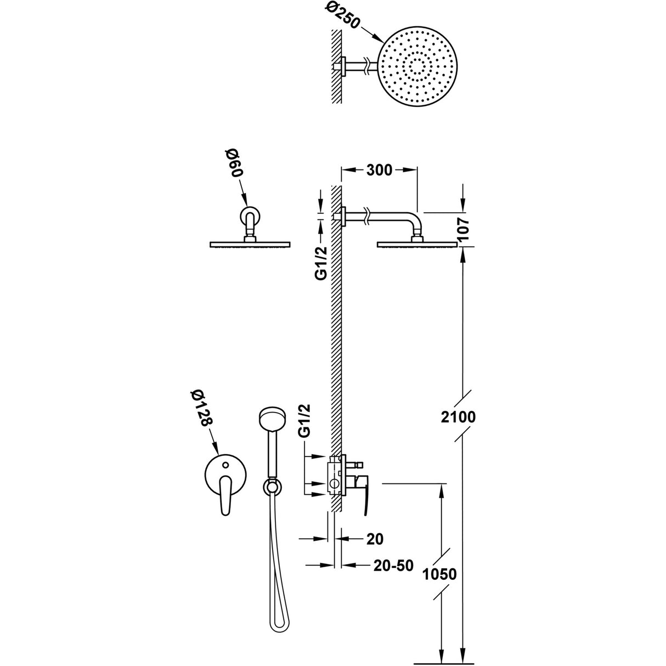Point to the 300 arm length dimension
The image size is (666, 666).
[380, 170]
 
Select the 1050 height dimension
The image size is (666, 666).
[440, 574]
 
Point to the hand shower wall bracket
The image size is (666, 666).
[269, 485]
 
